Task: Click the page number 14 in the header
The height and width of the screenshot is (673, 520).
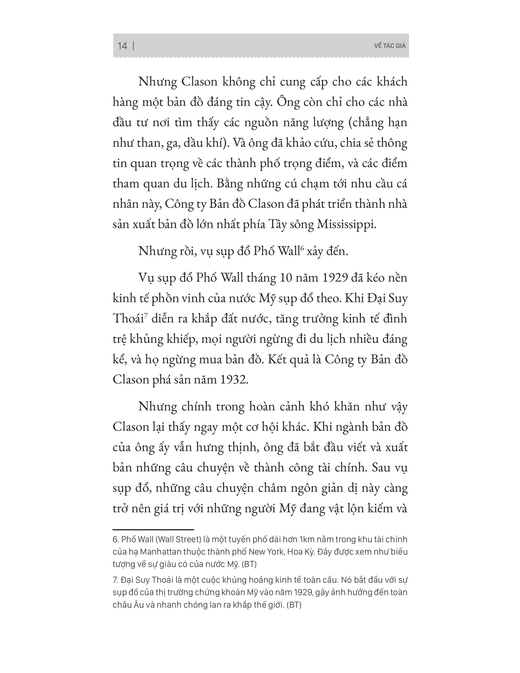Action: [x=122, y=46]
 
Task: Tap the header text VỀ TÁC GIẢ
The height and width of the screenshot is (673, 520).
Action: [x=390, y=46]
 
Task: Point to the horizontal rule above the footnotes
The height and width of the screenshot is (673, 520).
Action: [x=153, y=530]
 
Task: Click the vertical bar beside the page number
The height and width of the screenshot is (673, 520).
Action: [x=133, y=46]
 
